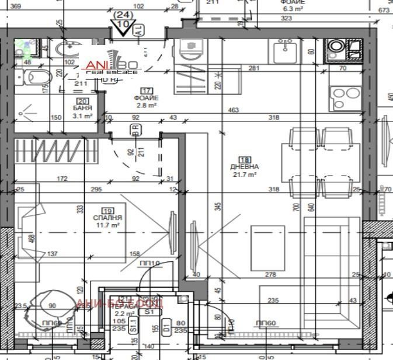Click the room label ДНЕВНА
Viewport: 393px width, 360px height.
click(x=244, y=167)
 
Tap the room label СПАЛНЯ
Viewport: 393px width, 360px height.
click(x=106, y=218)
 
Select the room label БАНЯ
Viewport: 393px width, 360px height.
click(x=82, y=109)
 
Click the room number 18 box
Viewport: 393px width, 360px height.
click(x=244, y=159)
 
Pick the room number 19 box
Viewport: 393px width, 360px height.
click(x=106, y=211)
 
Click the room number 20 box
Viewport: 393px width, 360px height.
click(x=82, y=102)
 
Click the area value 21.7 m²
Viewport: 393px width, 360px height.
click(x=245, y=174)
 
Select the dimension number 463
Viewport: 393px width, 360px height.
click(x=234, y=110)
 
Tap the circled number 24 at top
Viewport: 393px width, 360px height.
click(x=123, y=14)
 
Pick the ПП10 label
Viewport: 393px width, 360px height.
click(x=149, y=264)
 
